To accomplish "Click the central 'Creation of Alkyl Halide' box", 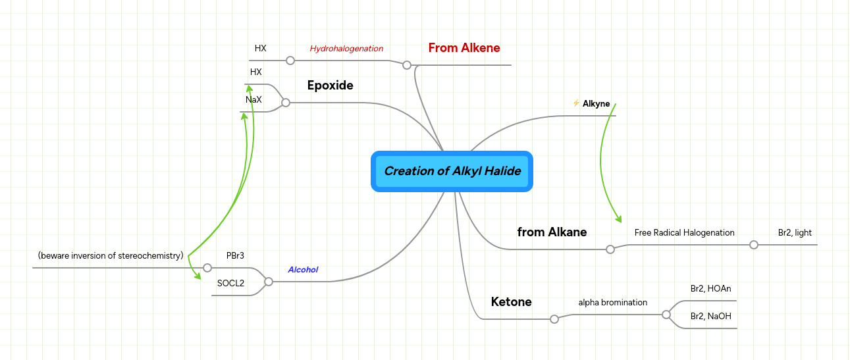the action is (x=452, y=171).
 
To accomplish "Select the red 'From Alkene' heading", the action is (x=464, y=48).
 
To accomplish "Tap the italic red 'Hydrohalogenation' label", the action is (x=346, y=49).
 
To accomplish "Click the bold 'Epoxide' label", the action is (x=330, y=86).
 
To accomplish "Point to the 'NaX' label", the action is (x=253, y=100).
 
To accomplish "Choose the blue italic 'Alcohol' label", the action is (x=303, y=270).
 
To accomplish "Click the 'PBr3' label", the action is (x=235, y=255).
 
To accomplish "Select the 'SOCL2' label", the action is (x=230, y=284).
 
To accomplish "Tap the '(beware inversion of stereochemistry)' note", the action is (x=111, y=255).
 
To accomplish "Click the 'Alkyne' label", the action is (x=596, y=103).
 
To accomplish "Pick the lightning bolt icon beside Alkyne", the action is (x=576, y=103).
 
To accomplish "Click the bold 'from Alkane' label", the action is (x=552, y=232).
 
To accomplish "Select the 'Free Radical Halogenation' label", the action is (x=685, y=232).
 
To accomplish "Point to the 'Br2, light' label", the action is (x=795, y=232).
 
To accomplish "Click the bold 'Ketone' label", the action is (x=511, y=302).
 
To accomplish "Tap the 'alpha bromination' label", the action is (x=613, y=302).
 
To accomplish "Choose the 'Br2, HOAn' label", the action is (x=710, y=289).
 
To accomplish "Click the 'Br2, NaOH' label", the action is (x=710, y=316).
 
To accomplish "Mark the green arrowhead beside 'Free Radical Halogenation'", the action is (x=618, y=219).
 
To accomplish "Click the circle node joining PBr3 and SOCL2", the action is (x=269, y=282).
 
